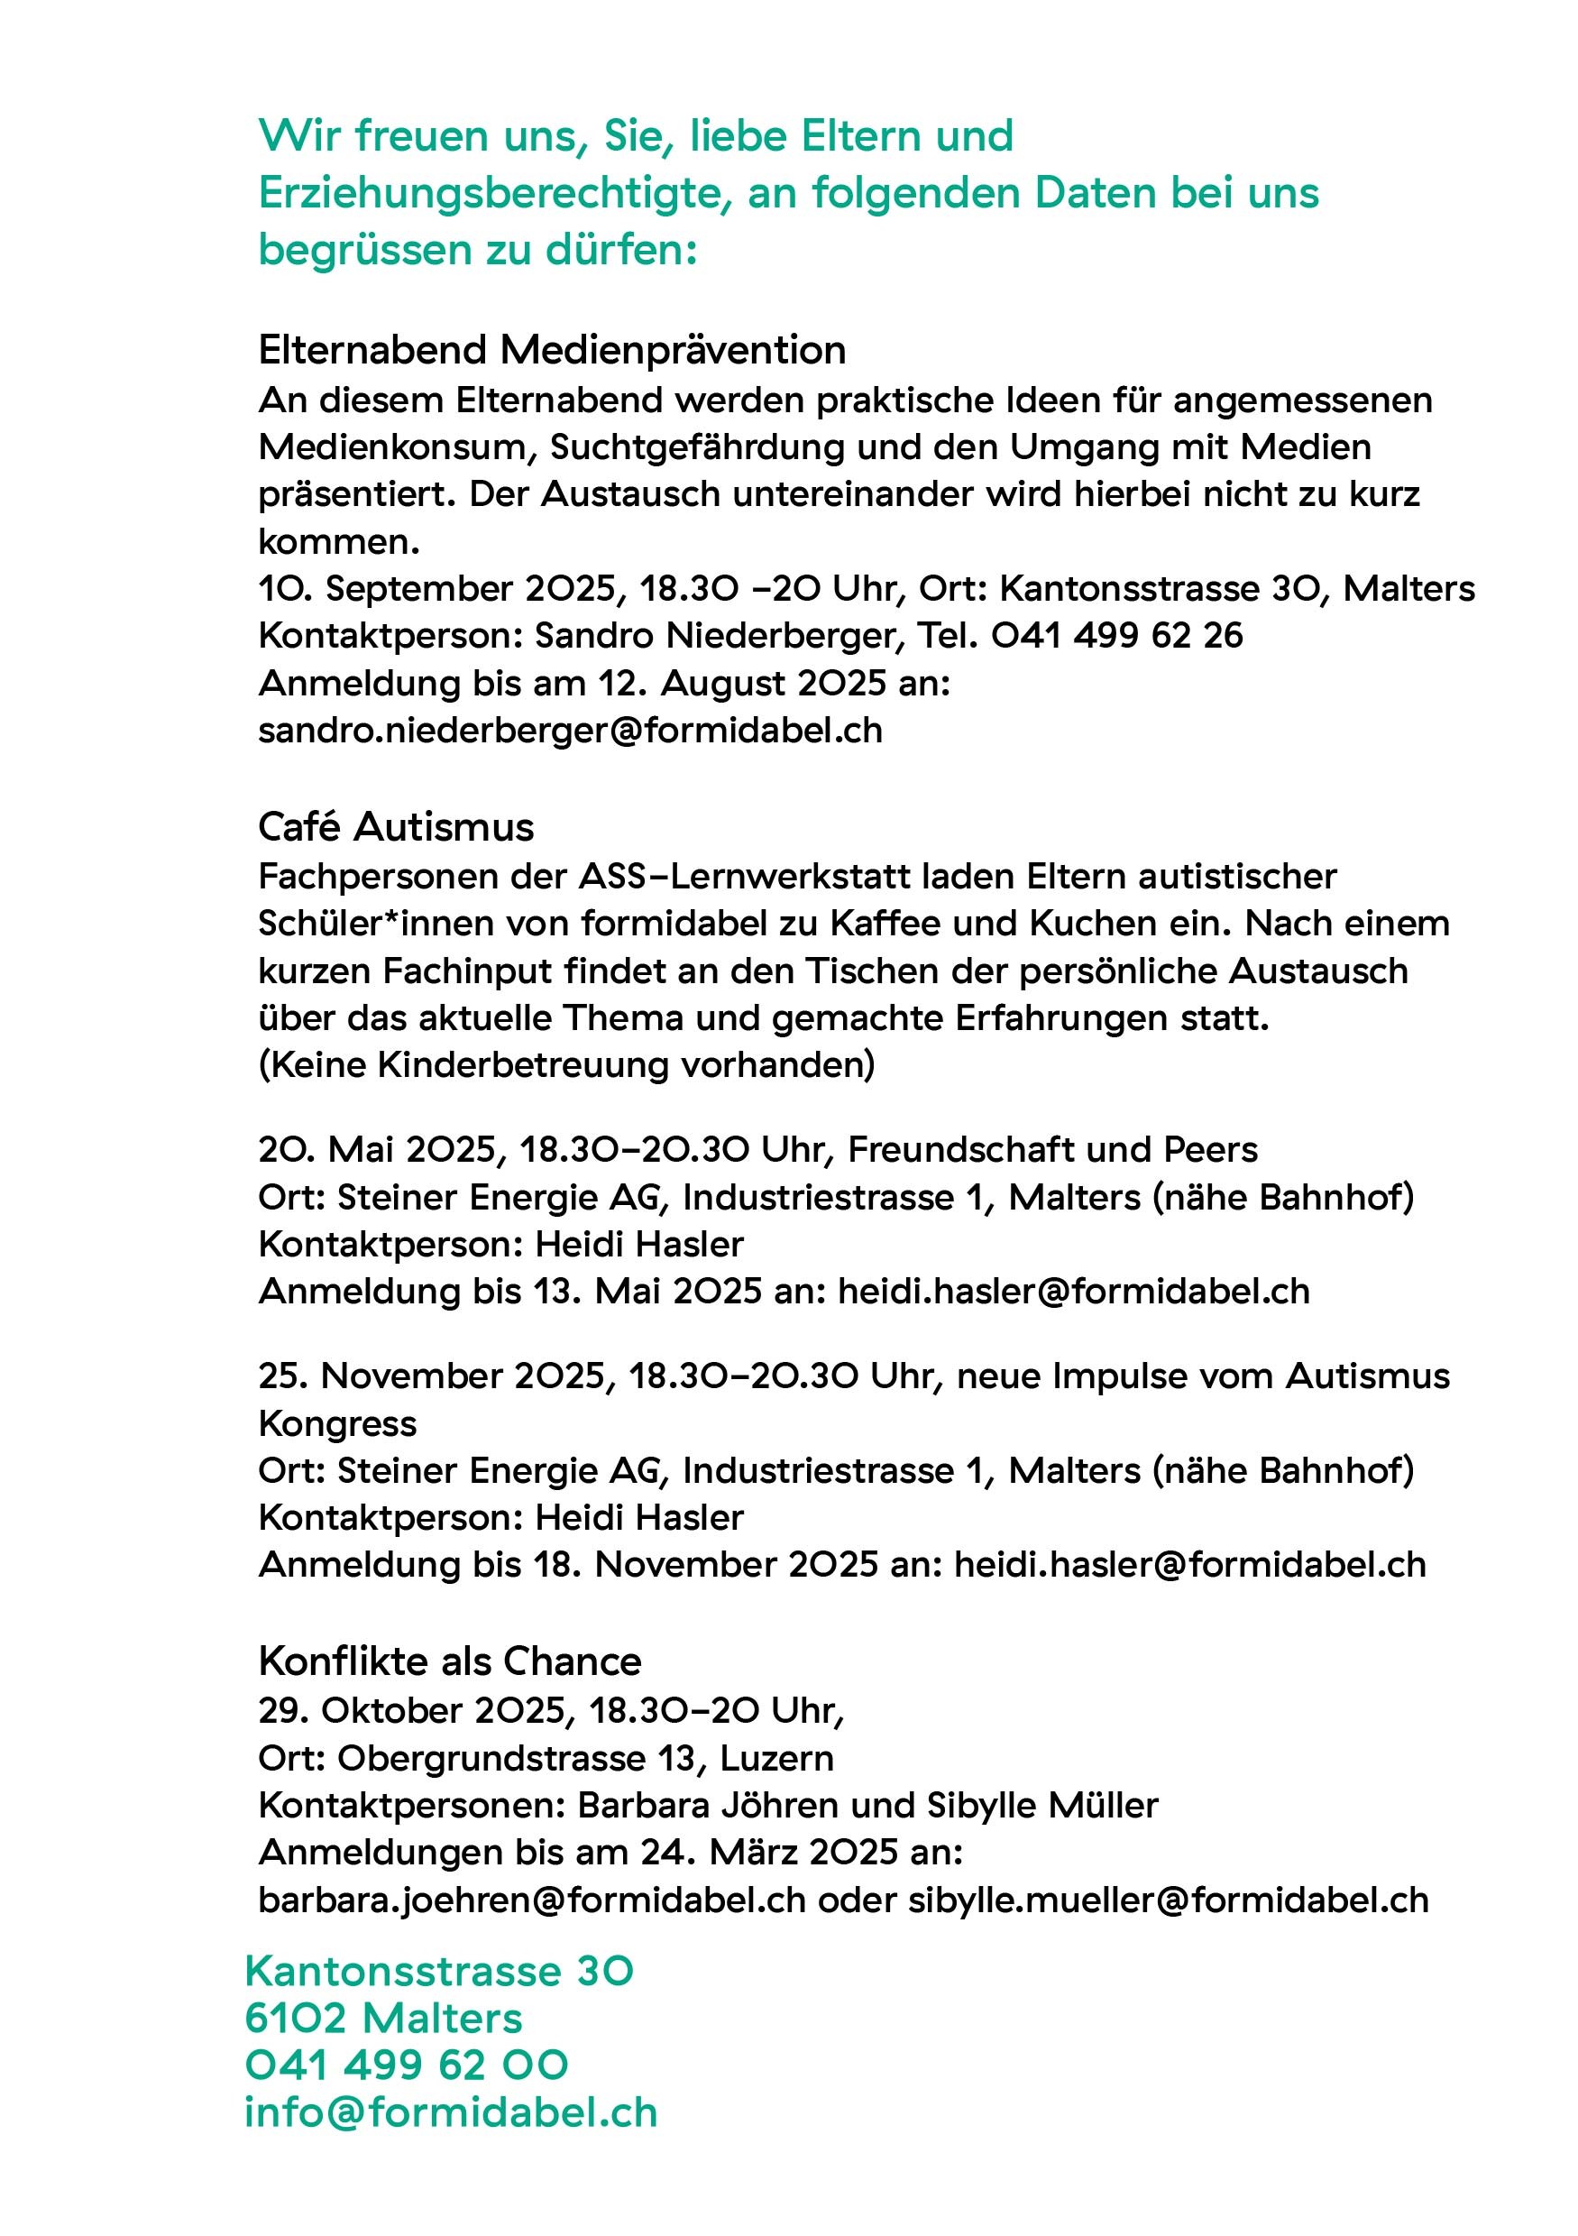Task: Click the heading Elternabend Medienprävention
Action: (552, 350)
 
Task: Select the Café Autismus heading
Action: (396, 827)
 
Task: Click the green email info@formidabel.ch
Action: (451, 2112)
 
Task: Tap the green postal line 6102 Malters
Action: (383, 2018)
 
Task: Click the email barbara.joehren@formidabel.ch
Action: (531, 1900)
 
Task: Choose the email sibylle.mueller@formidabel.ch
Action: (1168, 1900)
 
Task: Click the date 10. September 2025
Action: (437, 588)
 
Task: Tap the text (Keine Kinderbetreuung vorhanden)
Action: (566, 1064)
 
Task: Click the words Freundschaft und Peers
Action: (1052, 1150)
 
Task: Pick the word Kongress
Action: (337, 1424)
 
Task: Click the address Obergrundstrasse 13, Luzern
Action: (585, 1758)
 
